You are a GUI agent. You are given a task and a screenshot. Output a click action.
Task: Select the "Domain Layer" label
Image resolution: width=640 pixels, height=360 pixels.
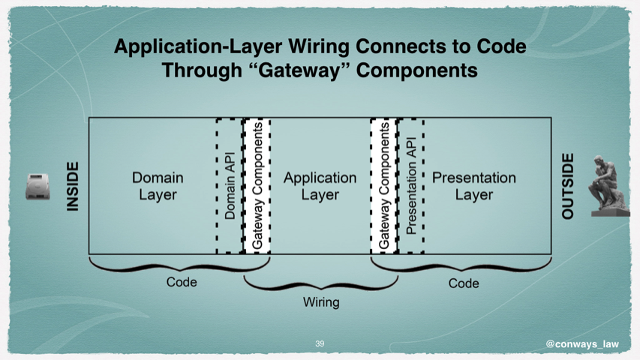pyautogui.click(x=158, y=186)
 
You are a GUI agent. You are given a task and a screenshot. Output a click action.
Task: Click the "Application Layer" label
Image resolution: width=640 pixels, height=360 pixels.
pyautogui.click(x=320, y=186)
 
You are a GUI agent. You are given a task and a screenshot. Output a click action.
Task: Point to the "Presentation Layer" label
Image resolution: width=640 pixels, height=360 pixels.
pyautogui.click(x=474, y=186)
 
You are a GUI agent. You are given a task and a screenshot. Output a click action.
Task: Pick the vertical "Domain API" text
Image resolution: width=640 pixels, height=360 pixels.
pyautogui.click(x=230, y=186)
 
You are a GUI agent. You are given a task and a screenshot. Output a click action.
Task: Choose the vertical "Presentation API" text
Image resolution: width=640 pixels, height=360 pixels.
pyautogui.click(x=411, y=186)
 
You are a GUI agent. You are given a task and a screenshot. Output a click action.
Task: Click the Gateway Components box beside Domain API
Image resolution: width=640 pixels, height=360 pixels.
pyautogui.click(x=257, y=186)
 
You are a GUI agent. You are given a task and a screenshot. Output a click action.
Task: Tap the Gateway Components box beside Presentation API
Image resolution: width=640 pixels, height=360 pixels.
pyautogui.click(x=384, y=186)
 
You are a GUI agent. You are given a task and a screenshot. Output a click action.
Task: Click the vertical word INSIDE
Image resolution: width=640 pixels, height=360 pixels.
pyautogui.click(x=72, y=187)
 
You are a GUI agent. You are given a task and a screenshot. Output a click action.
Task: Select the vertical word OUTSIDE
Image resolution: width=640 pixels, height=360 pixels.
pyautogui.click(x=568, y=186)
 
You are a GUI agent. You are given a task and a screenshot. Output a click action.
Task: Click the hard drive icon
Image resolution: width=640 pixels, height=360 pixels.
pyautogui.click(x=38, y=187)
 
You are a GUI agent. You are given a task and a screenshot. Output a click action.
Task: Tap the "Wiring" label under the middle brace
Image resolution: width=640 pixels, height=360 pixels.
pyautogui.click(x=321, y=302)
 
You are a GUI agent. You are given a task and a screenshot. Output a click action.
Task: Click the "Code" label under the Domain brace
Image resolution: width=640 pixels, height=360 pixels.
pyautogui.click(x=182, y=282)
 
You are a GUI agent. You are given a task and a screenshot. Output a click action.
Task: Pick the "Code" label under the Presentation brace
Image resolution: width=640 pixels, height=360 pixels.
pyautogui.click(x=464, y=283)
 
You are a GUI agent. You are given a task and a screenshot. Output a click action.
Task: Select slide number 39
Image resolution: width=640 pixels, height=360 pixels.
pyautogui.click(x=320, y=343)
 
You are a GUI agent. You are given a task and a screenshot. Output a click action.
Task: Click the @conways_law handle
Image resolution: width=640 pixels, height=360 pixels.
pyautogui.click(x=582, y=344)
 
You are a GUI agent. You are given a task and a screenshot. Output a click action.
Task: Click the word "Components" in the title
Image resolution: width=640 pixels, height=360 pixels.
pyautogui.click(x=416, y=70)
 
